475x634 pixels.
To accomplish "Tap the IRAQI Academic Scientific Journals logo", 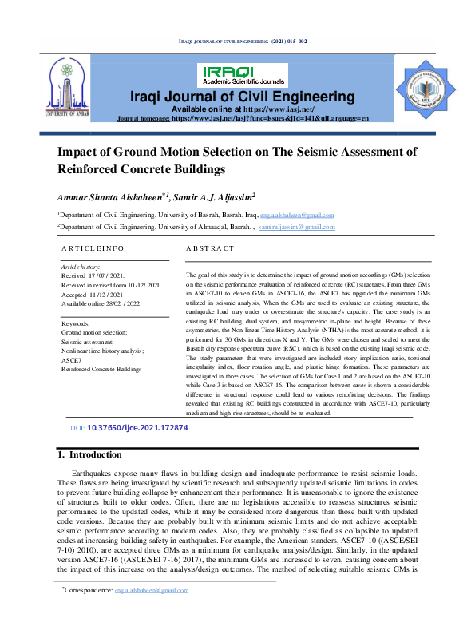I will tap(243, 75).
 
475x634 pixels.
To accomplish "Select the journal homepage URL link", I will tap(271, 118).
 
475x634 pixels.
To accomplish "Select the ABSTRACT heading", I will tap(210, 250).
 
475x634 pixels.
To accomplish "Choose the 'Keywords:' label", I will tap(76, 323).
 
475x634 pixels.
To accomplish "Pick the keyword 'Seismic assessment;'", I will tap(89, 341).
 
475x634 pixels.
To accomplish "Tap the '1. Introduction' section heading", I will tap(90, 455).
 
